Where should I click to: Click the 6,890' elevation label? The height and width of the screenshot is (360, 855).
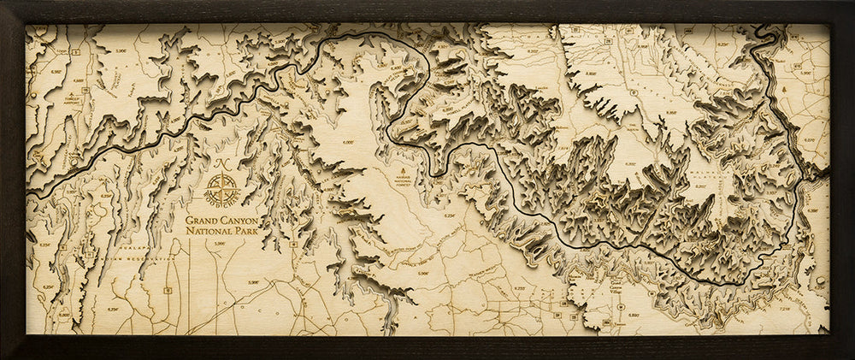pos(634,316)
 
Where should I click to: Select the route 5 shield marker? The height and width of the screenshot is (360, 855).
pos(75,53)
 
